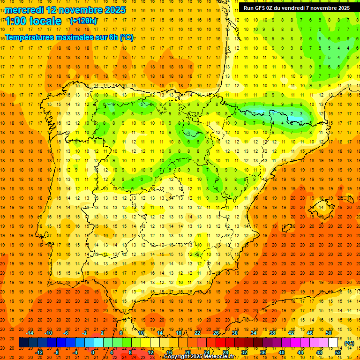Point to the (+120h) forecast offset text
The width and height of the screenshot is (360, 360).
click(x=83, y=21)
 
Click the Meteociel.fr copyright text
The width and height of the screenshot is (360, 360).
click(x=199, y=357)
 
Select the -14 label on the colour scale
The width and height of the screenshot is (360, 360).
click(x=30, y=333)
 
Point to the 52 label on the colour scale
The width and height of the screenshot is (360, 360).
click(x=338, y=352)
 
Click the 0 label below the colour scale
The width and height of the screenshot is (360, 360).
click(x=92, y=352)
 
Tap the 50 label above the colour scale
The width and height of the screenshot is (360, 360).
click(x=328, y=333)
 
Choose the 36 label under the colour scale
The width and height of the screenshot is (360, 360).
click(x=262, y=352)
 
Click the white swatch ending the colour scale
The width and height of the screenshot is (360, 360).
click(x=333, y=343)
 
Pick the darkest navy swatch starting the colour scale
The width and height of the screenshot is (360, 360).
click(x=23, y=343)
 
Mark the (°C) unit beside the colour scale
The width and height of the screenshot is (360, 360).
click(x=349, y=343)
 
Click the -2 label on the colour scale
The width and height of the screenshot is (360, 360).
click(x=84, y=333)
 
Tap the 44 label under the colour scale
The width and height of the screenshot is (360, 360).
click(x=300, y=352)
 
